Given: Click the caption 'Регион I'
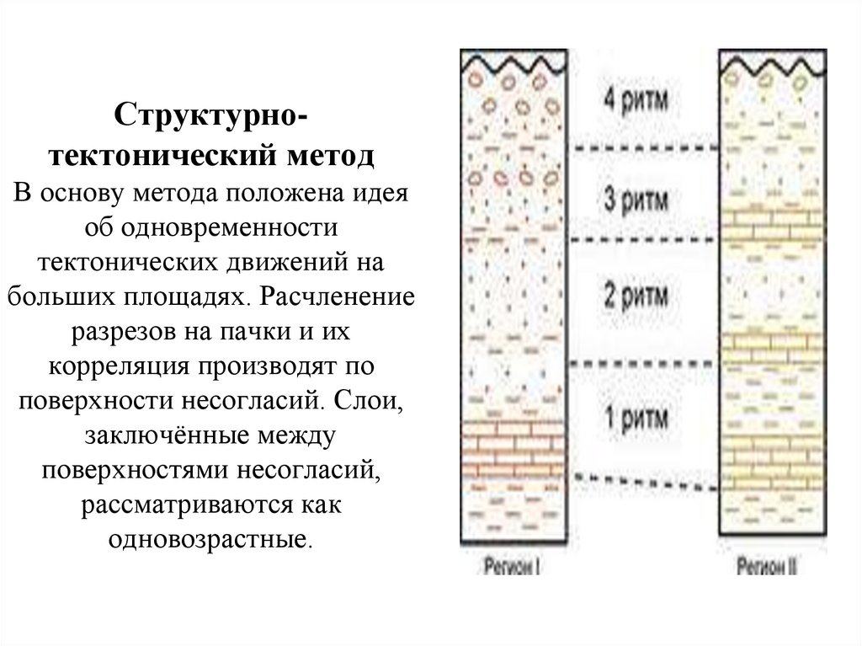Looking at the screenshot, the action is pos(511,567).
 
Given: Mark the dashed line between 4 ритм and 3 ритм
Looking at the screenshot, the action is pos(644,149).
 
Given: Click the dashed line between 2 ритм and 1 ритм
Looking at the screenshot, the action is pos(644,364).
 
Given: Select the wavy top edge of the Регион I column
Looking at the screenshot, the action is pos(512,61).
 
